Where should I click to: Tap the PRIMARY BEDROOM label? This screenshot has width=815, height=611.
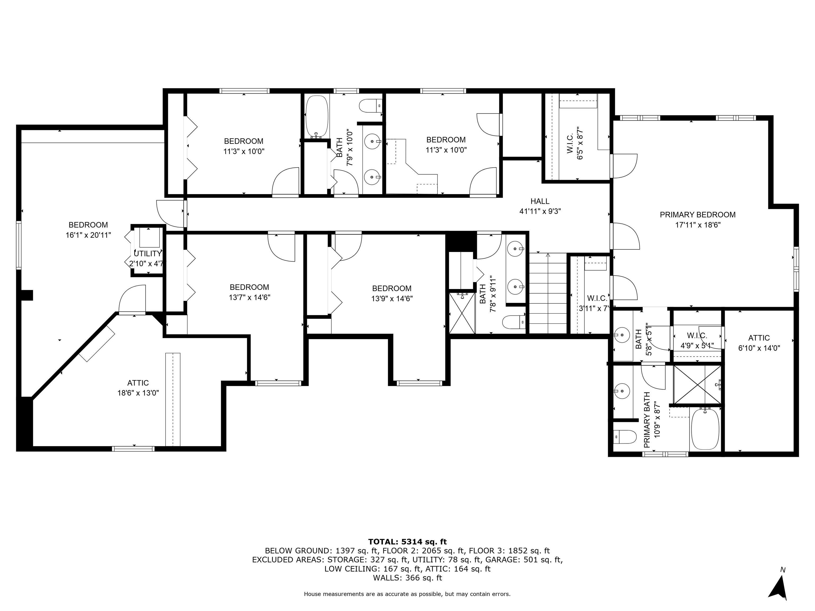(697, 215)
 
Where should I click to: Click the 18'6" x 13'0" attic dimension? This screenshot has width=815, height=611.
(138, 393)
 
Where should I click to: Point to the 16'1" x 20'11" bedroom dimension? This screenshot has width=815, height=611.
(88, 235)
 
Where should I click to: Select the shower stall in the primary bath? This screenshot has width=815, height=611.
(697, 384)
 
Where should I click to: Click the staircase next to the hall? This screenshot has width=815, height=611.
(548, 293)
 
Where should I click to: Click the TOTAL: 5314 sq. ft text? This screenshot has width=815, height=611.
(407, 542)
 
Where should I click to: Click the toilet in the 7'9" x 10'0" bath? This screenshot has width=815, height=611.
(371, 106)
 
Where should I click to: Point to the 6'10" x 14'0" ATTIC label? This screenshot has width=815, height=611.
(759, 343)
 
